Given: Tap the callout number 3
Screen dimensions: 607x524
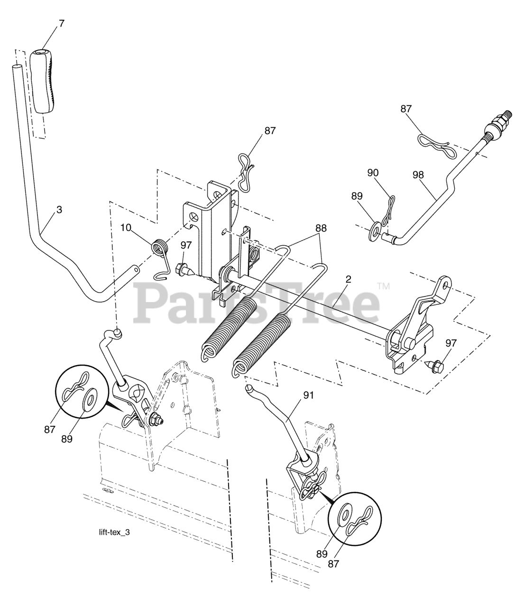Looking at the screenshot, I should click(59, 209).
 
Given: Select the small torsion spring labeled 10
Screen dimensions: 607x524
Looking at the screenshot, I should click(160, 249).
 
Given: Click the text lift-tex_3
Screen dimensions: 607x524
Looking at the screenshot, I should click(112, 532).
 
